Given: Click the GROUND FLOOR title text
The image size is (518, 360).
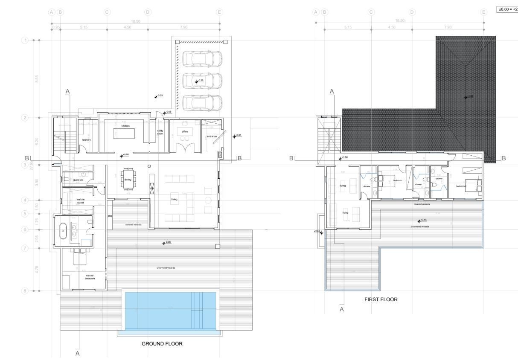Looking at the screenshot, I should pyautogui.click(x=162, y=343).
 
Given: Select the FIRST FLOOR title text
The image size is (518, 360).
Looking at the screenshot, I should pyautogui.click(x=381, y=299).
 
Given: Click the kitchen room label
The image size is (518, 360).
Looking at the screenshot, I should pyautogui.click(x=125, y=126).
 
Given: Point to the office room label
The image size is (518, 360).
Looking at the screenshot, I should pyautogui.click(x=184, y=131).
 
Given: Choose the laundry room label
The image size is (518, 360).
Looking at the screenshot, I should pyautogui.click(x=87, y=139).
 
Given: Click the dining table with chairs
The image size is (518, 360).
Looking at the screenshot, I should pyautogui.click(x=128, y=180).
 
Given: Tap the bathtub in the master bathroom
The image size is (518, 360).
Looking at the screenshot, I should pyautogui.click(x=64, y=231).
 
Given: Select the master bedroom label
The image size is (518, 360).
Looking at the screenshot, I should pyautogui.click(x=90, y=277).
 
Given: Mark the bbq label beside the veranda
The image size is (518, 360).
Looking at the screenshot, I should pyautogui.click(x=110, y=216).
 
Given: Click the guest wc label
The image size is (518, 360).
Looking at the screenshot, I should pyautogui.click(x=78, y=180).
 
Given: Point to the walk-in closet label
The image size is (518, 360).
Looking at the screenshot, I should pyautogui.click(x=81, y=201).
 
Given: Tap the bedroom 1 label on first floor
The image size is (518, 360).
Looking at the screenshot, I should pyautogui.click(x=398, y=181).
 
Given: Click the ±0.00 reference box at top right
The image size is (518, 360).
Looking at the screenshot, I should pyautogui.click(x=507, y=9).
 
